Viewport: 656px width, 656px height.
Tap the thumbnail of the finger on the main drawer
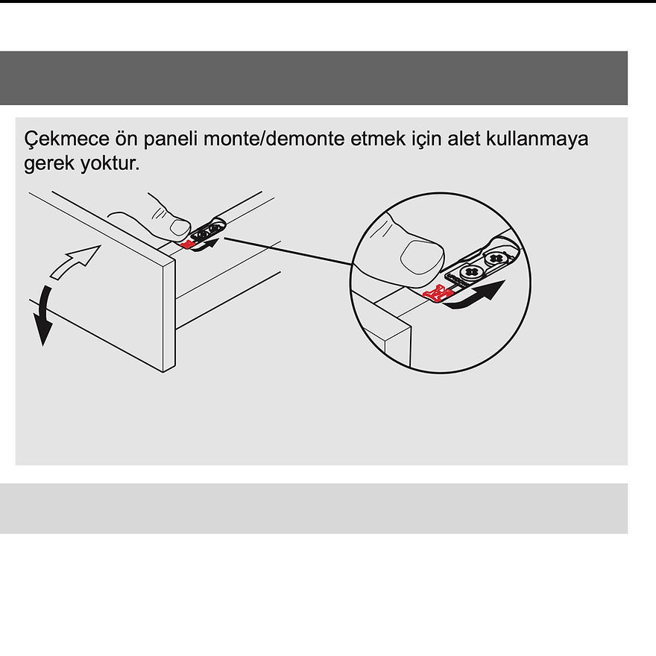point(179,225)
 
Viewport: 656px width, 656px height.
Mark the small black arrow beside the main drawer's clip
point(212,243)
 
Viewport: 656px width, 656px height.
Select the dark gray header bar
point(313,78)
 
